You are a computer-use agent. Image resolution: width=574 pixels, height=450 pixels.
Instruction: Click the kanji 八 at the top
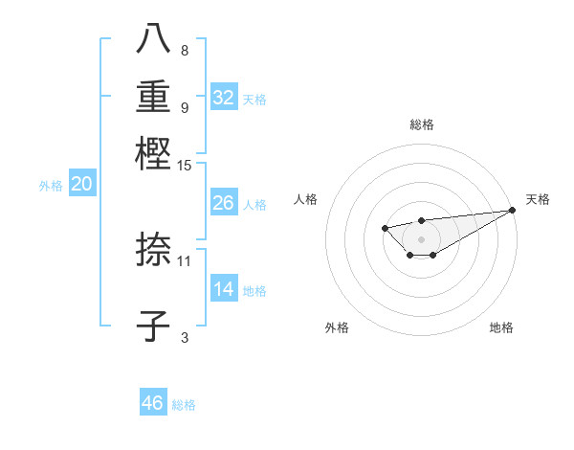coord(154,40)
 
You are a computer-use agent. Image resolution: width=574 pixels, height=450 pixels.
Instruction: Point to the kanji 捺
coord(154,251)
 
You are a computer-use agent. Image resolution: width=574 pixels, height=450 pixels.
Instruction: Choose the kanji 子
coord(154,326)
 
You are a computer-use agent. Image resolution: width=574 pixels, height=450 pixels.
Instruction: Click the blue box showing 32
coord(224,98)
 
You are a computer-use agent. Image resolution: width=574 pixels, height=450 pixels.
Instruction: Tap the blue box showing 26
coord(224,203)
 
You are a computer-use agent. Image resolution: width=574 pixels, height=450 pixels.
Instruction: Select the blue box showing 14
coord(224,289)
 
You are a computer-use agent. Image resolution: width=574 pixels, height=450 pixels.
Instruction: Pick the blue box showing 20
coord(81,185)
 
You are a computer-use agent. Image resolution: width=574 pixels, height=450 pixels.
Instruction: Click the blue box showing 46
coord(153,403)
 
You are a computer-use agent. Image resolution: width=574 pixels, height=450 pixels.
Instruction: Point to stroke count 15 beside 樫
coord(185,166)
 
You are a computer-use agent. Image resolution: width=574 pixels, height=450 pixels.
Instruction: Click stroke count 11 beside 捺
coord(185,260)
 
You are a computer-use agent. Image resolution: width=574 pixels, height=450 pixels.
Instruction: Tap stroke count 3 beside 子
coord(185,336)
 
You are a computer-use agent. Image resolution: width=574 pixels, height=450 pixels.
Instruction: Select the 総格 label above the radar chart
coord(421,124)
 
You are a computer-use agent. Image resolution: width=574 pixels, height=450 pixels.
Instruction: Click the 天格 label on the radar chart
coord(538,199)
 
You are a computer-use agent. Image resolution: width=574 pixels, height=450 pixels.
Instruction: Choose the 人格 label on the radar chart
coord(306,199)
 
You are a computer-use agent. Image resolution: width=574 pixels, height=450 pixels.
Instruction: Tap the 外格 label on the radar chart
coord(337,327)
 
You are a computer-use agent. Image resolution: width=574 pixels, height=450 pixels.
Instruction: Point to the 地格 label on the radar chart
coord(501,327)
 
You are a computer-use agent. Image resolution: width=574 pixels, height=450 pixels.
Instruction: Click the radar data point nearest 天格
coord(514,210)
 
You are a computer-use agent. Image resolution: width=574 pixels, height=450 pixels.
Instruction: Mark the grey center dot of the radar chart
coord(421,238)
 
